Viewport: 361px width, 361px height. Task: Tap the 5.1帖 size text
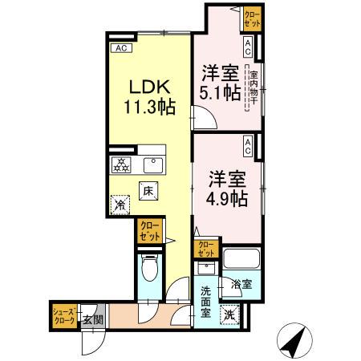click(x=219, y=93)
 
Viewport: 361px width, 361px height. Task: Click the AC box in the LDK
click(x=122, y=48)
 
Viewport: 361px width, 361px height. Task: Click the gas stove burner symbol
click(x=122, y=165)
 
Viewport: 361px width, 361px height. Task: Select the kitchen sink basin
click(x=151, y=165)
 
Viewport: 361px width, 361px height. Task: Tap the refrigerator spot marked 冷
click(x=121, y=204)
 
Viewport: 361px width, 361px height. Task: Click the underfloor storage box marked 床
click(x=148, y=191)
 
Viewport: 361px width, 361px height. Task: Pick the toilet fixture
click(x=150, y=270)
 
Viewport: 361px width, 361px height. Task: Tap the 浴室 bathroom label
click(x=241, y=284)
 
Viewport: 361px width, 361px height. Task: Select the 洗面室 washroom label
click(x=205, y=302)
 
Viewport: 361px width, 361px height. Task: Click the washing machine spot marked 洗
click(x=230, y=315)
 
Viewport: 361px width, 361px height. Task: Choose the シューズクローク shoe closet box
click(x=65, y=315)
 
